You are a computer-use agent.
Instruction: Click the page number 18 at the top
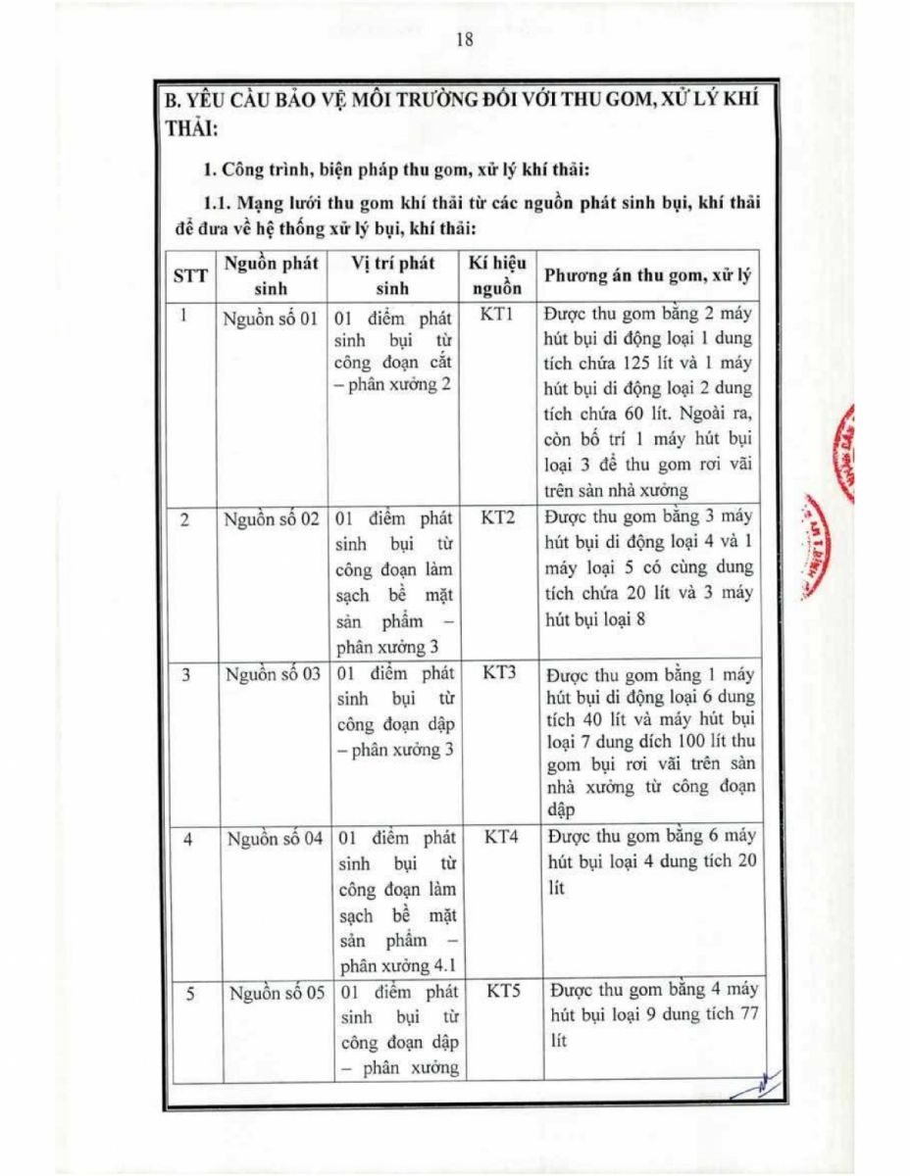pos(465,40)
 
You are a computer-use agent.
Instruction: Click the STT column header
pos(190,275)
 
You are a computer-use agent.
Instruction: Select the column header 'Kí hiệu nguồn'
pos(497,275)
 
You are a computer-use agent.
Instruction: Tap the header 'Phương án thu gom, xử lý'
pos(647,274)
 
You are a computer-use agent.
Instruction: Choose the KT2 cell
pos(497,517)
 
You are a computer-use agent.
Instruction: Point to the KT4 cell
pos(498,839)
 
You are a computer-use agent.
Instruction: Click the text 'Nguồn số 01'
pos(271,320)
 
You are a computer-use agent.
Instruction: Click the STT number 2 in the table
pos(184,519)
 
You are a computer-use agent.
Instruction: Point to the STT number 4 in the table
pos(186,840)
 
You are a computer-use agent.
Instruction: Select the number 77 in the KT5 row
pos(747,1015)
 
